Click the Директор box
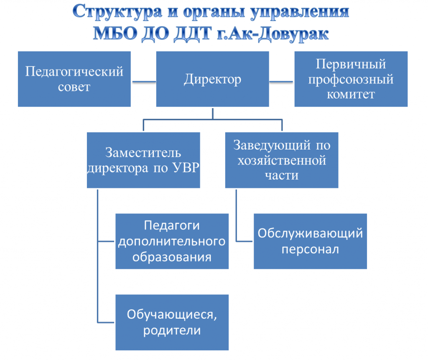point(212,79)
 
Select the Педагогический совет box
point(74,79)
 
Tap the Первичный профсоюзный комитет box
point(351,79)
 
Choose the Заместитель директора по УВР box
point(143,160)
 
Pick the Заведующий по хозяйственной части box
point(282,160)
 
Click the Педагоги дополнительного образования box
point(172,241)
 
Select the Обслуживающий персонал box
point(310,241)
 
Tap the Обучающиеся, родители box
point(172,322)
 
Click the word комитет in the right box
point(351,94)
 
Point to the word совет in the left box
point(74,87)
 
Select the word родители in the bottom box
point(172,330)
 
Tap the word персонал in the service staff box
point(310,249)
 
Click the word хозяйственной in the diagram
point(282,160)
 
